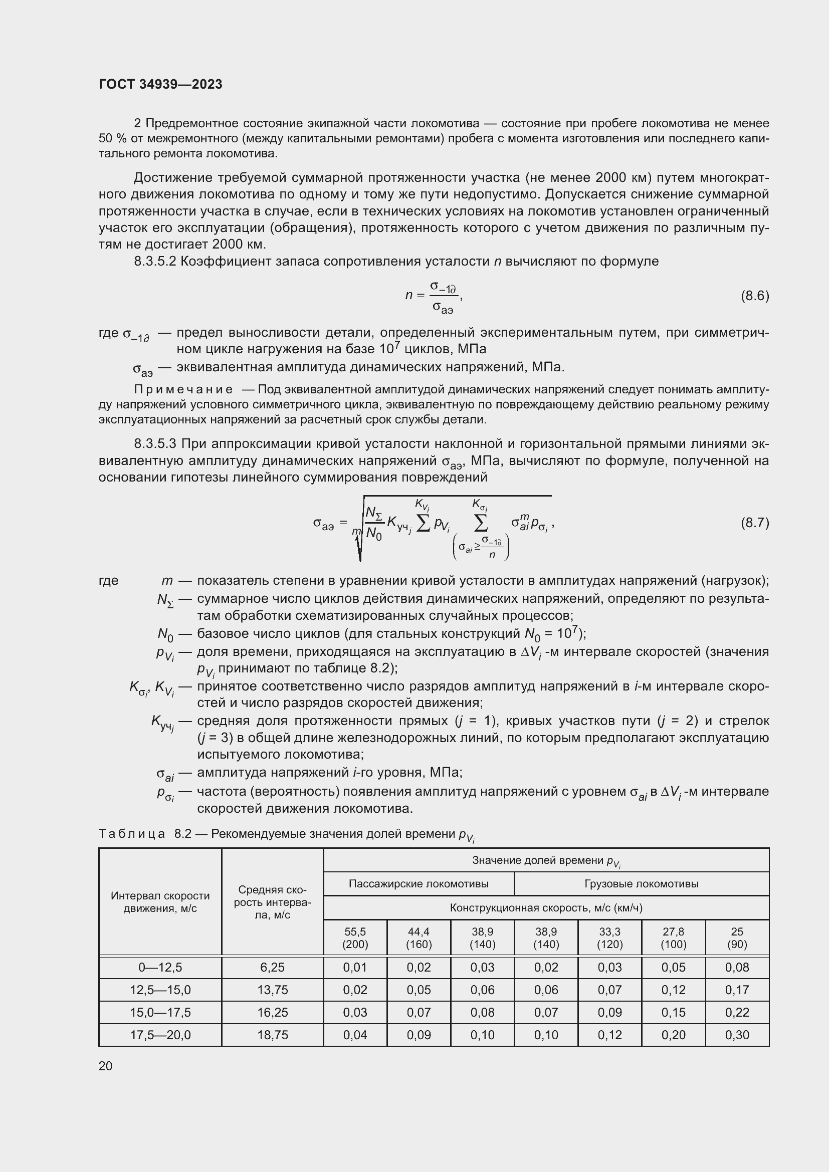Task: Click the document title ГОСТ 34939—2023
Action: coord(160,84)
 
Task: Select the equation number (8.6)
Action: coord(754,296)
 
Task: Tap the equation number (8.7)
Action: coord(754,523)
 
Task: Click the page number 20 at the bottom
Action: coord(105,1066)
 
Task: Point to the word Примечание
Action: coord(183,390)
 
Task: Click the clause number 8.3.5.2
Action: coord(155,262)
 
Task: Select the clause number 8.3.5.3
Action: coord(155,444)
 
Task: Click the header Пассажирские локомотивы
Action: coord(419,883)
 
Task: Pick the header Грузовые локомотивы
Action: coord(641,883)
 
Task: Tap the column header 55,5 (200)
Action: coord(355,937)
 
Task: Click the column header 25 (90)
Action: coord(737,937)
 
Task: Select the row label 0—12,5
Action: coord(160,967)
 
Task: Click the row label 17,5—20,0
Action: coord(160,1035)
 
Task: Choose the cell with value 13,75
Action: coord(273,990)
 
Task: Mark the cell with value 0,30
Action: coord(737,1035)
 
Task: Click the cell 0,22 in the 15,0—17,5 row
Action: coord(737,1012)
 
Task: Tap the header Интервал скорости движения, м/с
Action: coord(160,902)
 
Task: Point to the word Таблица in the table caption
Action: coord(132,834)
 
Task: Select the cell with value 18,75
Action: coord(273,1035)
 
